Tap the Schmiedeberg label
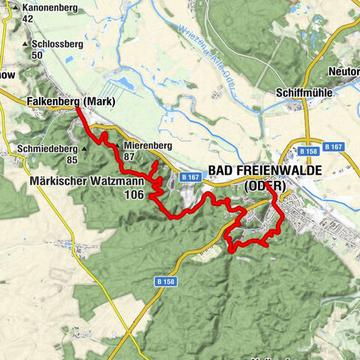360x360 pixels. (43, 148)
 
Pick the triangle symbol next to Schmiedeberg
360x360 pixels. (84, 148)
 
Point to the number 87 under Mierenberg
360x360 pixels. (130, 157)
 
